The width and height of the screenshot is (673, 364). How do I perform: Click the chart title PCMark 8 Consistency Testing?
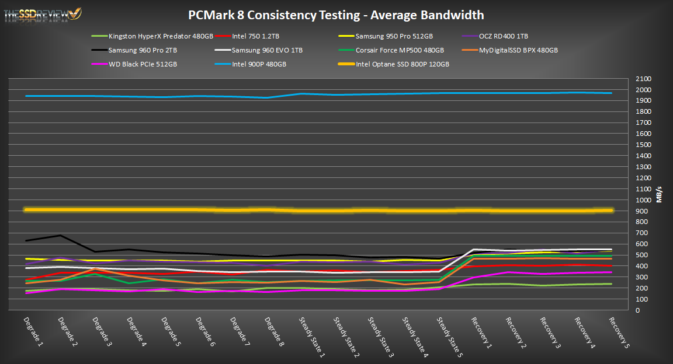pyautogui.click(x=336, y=15)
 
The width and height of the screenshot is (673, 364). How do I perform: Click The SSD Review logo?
pyautogui.click(x=43, y=14)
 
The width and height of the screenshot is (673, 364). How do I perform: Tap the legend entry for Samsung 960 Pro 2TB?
pyautogui.click(x=143, y=50)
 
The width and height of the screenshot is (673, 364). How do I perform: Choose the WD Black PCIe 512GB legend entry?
pyautogui.click(x=143, y=64)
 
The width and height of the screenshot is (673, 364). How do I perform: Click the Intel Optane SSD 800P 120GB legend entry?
pyautogui.click(x=402, y=64)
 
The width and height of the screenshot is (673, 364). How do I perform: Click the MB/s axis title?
pyautogui.click(x=660, y=195)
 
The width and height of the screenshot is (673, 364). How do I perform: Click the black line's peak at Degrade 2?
pyautogui.click(x=60, y=235)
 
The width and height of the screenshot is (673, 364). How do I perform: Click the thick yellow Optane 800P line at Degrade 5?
pyautogui.click(x=164, y=209)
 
